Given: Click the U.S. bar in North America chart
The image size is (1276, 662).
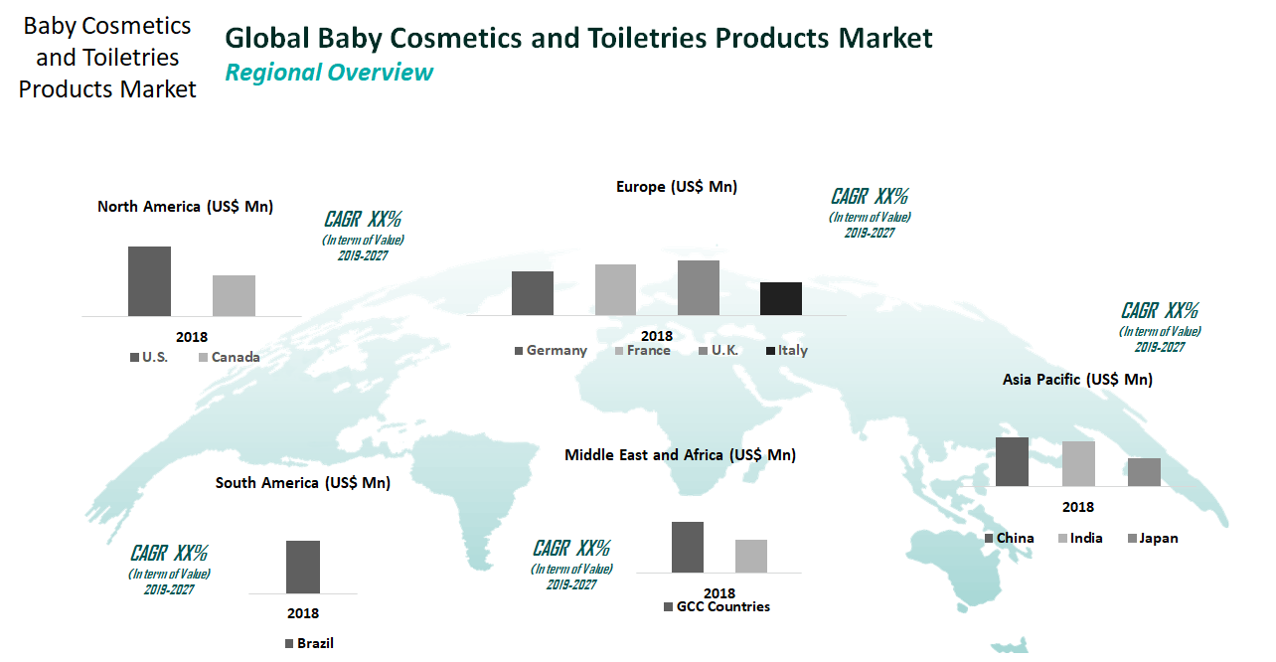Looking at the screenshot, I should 149,281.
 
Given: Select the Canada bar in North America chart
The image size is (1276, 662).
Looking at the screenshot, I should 234,295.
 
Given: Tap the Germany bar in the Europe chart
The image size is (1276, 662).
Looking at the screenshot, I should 533,293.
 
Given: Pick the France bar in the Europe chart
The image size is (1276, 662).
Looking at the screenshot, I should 615,289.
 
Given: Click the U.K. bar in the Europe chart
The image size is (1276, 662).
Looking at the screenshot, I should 699,287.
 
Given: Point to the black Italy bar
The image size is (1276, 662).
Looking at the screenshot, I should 781,298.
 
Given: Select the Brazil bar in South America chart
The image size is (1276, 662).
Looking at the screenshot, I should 303,567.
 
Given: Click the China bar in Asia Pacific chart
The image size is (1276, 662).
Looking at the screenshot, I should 1012,461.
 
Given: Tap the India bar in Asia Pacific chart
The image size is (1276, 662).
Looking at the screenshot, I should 1078,463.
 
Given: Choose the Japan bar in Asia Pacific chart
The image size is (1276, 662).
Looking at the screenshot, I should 1144,472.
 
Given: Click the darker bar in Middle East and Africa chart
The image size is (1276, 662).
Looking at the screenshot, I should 688,547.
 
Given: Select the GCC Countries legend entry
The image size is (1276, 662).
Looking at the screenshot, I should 718,607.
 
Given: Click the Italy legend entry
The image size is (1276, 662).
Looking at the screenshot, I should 787,351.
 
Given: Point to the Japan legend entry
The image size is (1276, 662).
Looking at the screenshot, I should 1153,539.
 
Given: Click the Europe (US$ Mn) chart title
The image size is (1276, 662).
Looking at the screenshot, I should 677,187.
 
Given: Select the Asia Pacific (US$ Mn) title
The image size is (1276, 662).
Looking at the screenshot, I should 1077,380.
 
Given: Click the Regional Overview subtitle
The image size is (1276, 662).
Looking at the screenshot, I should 329,73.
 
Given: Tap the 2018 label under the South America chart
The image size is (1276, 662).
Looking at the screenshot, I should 303,613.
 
